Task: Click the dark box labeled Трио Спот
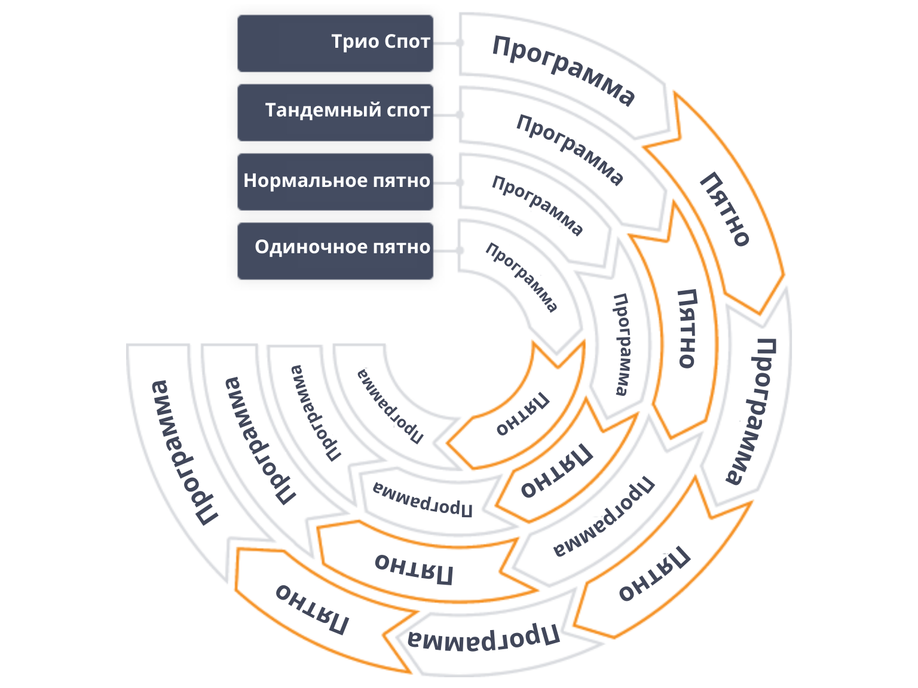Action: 335,44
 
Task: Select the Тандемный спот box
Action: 335,113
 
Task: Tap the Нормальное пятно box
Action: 335,182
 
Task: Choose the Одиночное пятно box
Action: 335,251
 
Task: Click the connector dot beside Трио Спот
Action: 460,43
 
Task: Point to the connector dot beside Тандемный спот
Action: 460,114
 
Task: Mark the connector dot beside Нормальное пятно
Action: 460,182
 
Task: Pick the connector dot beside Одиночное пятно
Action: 460,251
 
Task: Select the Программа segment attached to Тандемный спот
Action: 568,149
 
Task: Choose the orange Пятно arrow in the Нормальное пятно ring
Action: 556,472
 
